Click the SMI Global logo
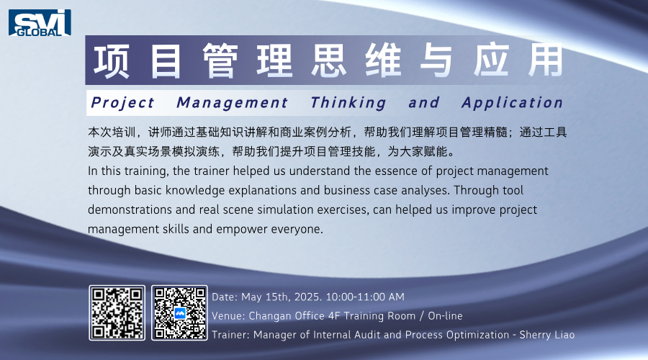[40, 23]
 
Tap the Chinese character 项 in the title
[111, 61]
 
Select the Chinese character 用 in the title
[546, 60]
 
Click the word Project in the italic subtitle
[122, 102]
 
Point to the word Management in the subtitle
[233, 102]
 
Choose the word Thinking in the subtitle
[348, 102]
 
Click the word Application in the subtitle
[513, 102]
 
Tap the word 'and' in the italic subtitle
[423, 102]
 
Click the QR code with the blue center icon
[179, 313]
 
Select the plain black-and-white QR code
[117, 313]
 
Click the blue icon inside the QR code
[180, 313]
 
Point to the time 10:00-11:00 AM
[365, 297]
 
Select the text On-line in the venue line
[445, 316]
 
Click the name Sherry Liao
[547, 335]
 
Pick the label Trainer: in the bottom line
[230, 335]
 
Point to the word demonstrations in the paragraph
[130, 210]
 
